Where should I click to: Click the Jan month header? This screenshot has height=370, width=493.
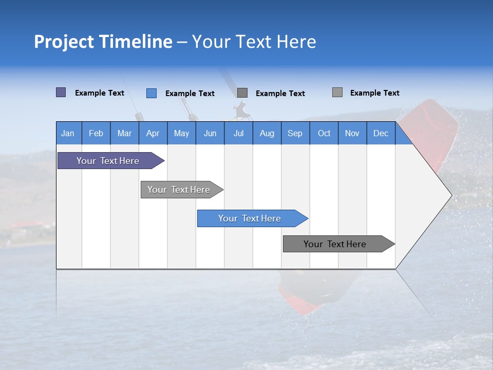click(x=68, y=133)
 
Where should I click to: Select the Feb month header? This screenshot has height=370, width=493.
click(x=96, y=133)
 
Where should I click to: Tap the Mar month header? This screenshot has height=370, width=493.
click(x=124, y=133)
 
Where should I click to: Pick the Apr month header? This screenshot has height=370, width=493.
click(x=153, y=133)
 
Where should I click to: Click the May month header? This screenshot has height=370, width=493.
click(x=181, y=133)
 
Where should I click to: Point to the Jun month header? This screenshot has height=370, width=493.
click(x=210, y=133)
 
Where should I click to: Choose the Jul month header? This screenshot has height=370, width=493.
click(x=238, y=133)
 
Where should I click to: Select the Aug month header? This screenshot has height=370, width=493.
click(x=267, y=133)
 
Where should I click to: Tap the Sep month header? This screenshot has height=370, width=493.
click(x=295, y=133)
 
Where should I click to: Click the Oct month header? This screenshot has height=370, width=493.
click(x=324, y=133)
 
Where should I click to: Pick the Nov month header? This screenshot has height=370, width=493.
click(x=352, y=133)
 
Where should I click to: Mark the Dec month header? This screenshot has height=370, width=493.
click(x=381, y=133)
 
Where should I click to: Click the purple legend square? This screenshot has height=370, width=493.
click(x=61, y=92)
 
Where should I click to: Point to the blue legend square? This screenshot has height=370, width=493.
click(x=151, y=93)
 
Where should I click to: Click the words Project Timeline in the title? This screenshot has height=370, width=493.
click(x=103, y=42)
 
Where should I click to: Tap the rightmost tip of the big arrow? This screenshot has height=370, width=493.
click(x=451, y=195)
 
